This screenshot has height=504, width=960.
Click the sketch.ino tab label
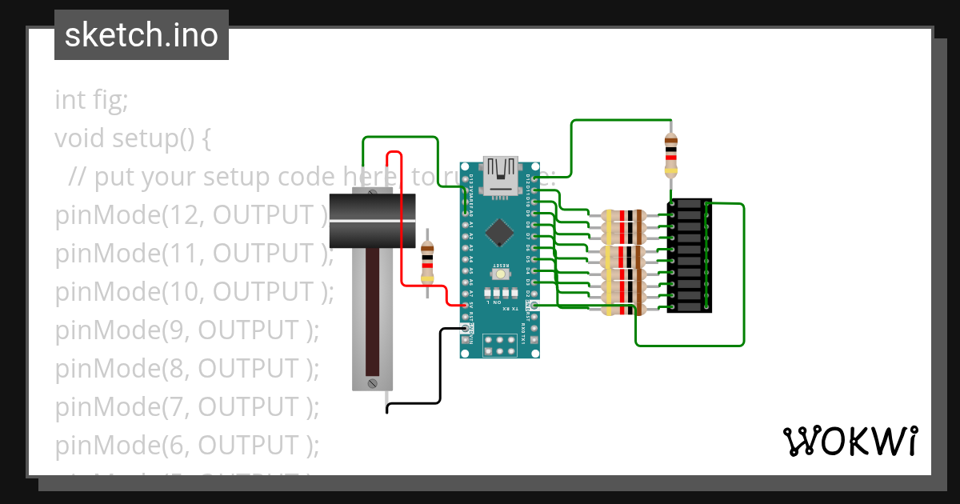141,35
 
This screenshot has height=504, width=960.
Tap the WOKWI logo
850,441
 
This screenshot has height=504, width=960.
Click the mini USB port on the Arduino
501,177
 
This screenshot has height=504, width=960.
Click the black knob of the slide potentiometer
372,220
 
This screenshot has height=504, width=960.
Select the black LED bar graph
689,256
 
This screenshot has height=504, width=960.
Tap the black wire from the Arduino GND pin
440,368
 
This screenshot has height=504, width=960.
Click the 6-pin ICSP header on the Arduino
500,345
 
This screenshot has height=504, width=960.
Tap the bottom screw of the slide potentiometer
372,384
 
